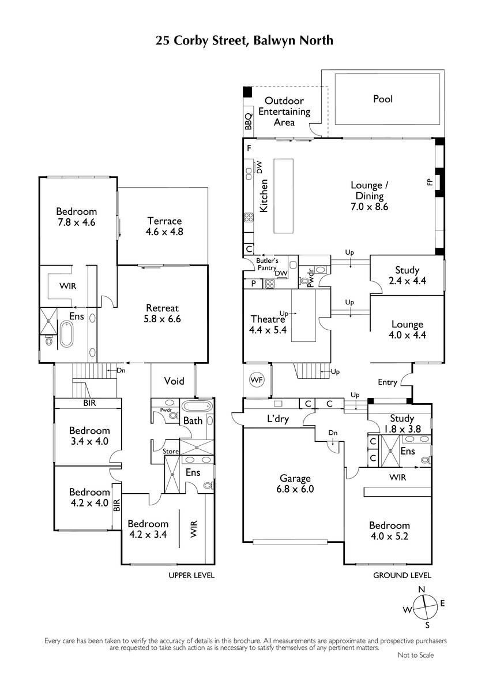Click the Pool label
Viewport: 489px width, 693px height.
383,99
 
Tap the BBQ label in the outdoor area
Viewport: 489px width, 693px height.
249,122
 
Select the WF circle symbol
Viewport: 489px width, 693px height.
257,379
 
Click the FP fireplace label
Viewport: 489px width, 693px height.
430,182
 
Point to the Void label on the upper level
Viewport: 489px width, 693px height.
174,381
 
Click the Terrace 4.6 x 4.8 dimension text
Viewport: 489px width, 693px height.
164,232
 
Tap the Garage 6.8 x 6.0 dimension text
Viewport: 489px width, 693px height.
295,489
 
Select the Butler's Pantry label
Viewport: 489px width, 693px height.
267,264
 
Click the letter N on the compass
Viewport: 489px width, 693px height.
422,590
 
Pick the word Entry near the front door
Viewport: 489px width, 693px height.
388,382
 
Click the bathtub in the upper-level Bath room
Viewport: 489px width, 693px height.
197,405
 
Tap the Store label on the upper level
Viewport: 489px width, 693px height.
171,452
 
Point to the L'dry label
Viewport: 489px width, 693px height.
278,419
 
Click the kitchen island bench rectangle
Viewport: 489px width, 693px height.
284,196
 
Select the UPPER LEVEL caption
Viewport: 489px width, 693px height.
191,575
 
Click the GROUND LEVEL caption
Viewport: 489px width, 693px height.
402,575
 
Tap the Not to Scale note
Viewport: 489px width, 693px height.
416,655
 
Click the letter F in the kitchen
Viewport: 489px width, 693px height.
249,148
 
